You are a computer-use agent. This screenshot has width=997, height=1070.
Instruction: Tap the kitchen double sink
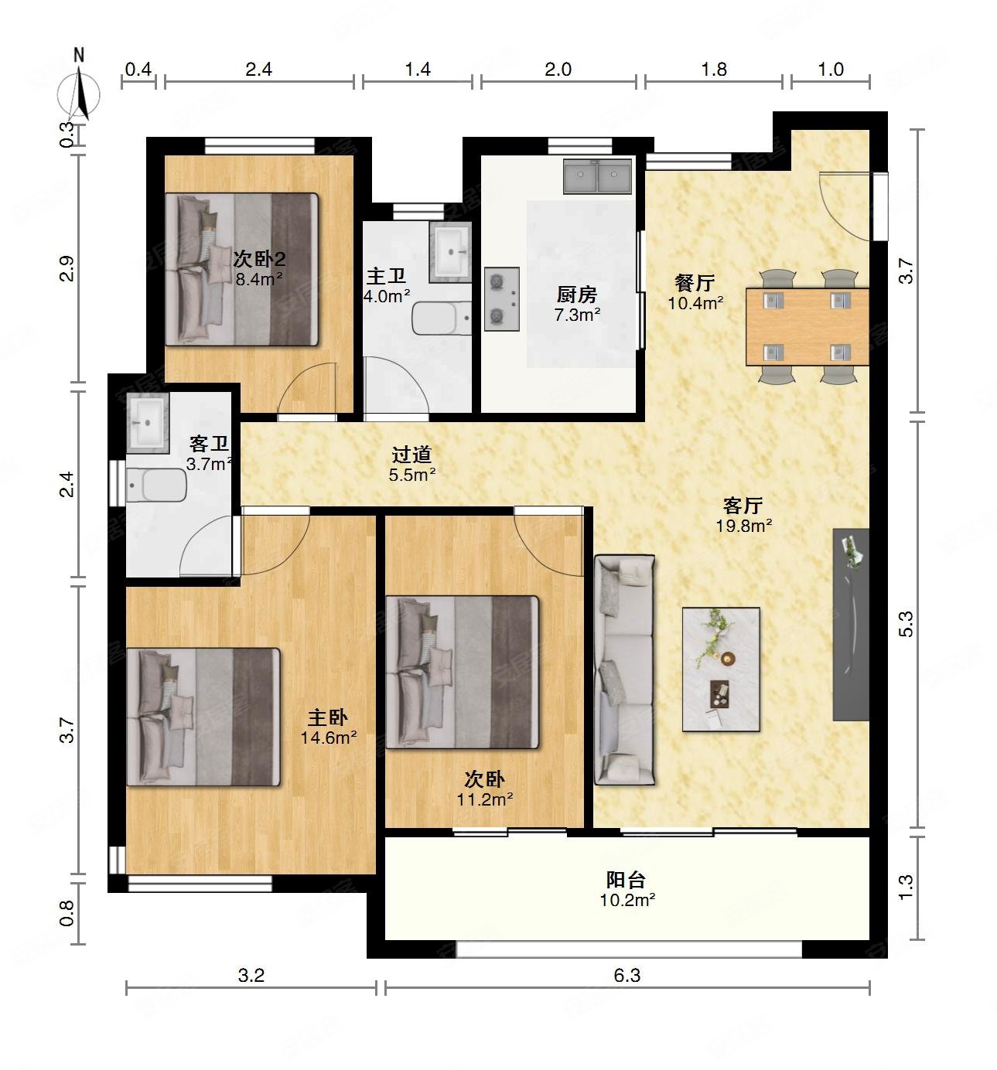[597, 175]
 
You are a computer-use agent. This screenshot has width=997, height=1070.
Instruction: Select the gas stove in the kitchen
[501, 298]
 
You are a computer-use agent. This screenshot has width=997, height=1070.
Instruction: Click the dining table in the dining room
[808, 326]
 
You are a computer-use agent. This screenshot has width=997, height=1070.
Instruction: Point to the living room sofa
[624, 670]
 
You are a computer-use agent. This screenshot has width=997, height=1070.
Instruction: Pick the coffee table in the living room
[721, 670]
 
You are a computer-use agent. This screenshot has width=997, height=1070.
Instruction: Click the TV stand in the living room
[851, 625]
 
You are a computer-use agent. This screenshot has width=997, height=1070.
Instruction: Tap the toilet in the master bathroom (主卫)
[441, 319]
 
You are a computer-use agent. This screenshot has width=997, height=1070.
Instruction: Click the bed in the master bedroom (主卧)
[203, 717]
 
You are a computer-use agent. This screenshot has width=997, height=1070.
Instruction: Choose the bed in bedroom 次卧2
[241, 269]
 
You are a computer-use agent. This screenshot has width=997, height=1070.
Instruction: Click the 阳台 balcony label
[626, 879]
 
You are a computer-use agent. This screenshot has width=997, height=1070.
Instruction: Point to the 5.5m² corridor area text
[412, 475]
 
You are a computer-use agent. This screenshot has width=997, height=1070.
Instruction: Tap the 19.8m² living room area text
[743, 526]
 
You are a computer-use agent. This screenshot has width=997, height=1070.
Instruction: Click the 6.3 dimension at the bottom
[627, 975]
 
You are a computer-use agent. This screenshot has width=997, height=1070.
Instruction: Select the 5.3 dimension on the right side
[906, 624]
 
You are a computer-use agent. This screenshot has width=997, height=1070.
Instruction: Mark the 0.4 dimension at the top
[138, 69]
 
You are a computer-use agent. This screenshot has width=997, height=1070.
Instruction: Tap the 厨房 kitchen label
[577, 295]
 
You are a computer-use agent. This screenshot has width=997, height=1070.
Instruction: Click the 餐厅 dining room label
[695, 282]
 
